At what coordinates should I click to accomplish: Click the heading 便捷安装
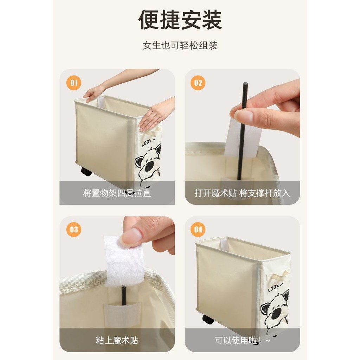coord(180,20)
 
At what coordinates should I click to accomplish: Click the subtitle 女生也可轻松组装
coord(180,45)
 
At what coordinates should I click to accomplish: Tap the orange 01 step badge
coord(74,83)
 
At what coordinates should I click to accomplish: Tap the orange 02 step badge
coord(198,83)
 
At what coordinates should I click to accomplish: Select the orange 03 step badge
coord(74,229)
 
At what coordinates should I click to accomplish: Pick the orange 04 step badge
coord(198,229)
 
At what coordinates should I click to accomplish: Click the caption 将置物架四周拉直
coord(117,193)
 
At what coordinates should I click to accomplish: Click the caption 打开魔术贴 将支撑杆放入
coord(242,193)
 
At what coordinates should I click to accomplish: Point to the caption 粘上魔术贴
coord(117,340)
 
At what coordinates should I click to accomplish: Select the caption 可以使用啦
coord(238,340)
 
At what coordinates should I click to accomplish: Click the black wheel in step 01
coord(86,172)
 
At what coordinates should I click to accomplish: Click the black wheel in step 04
coord(208,319)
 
